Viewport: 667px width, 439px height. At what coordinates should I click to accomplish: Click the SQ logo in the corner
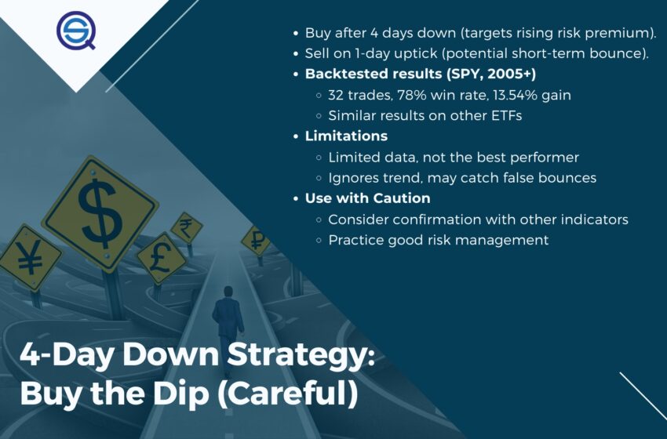pyautogui.click(x=75, y=31)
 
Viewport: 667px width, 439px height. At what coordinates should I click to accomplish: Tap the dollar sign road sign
pyautogui.click(x=100, y=214)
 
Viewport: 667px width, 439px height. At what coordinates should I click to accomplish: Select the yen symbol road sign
pyautogui.click(x=29, y=258)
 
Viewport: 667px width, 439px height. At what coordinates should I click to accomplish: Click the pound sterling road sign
pyautogui.click(x=161, y=259)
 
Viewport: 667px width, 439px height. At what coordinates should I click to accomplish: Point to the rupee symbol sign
pyautogui.click(x=186, y=228)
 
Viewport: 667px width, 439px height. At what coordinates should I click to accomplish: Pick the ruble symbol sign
pyautogui.click(x=256, y=241)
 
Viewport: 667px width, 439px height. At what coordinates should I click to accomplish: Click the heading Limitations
pyautogui.click(x=346, y=136)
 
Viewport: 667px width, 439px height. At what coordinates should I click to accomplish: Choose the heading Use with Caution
pyautogui.click(x=367, y=198)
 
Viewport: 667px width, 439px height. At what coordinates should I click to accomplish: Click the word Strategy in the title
pyautogui.click(x=301, y=355)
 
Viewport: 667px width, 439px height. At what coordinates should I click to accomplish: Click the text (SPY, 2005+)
pyautogui.click(x=491, y=74)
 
